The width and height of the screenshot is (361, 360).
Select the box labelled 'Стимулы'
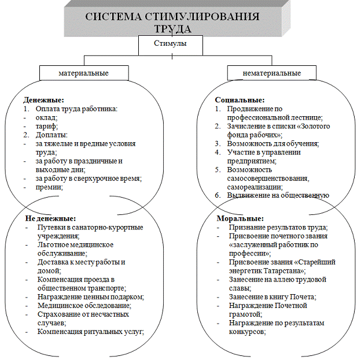pos(170,44)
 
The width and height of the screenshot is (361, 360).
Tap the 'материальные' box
pos(83,73)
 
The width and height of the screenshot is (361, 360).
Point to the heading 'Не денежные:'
pos(50,219)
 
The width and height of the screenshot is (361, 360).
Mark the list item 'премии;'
pos(50,187)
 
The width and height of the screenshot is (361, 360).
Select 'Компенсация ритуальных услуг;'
pos(90,332)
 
